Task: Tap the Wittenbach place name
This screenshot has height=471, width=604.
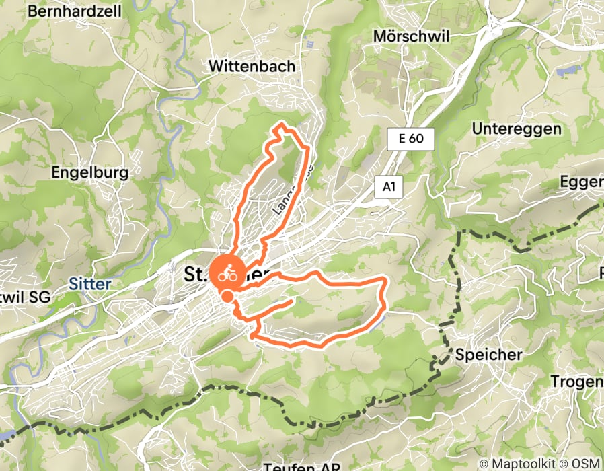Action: click(x=252, y=66)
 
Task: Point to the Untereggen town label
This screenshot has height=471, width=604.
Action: click(x=517, y=129)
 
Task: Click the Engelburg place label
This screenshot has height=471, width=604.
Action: click(x=89, y=172)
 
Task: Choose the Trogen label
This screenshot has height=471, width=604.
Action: click(x=576, y=382)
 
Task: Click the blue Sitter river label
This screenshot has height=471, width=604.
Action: click(x=89, y=284)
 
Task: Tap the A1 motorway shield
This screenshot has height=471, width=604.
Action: click(x=388, y=188)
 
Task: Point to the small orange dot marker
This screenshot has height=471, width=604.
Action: click(x=227, y=296)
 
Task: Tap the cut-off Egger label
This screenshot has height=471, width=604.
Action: click(x=583, y=182)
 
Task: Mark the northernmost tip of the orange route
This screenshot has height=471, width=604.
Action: click(x=281, y=124)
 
